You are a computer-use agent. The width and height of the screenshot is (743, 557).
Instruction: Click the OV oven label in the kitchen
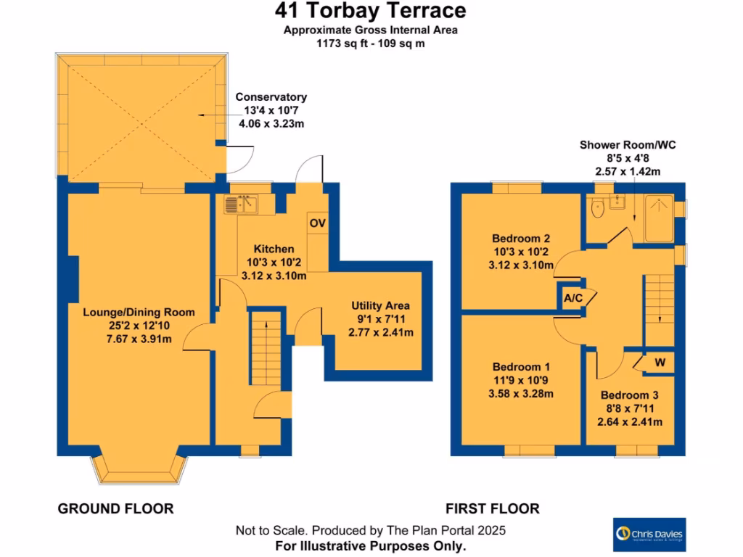(x=317, y=223)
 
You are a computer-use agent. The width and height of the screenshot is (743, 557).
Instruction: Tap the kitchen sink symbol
(x=241, y=205)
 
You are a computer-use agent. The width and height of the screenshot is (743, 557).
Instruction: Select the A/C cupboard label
(x=573, y=299)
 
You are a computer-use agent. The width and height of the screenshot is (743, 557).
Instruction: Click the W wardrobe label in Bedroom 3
(x=660, y=362)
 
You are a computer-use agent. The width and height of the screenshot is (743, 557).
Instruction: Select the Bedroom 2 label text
(x=520, y=239)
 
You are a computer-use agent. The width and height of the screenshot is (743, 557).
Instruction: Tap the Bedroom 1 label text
(x=520, y=367)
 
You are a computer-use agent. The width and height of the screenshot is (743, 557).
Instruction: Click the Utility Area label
(x=380, y=305)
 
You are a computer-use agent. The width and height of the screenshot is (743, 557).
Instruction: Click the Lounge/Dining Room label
(x=139, y=313)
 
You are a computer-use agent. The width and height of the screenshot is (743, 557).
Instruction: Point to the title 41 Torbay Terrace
(x=370, y=11)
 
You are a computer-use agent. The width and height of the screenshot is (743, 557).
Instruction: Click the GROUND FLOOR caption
(x=115, y=508)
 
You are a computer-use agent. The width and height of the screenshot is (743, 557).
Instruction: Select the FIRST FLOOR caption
(x=493, y=508)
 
